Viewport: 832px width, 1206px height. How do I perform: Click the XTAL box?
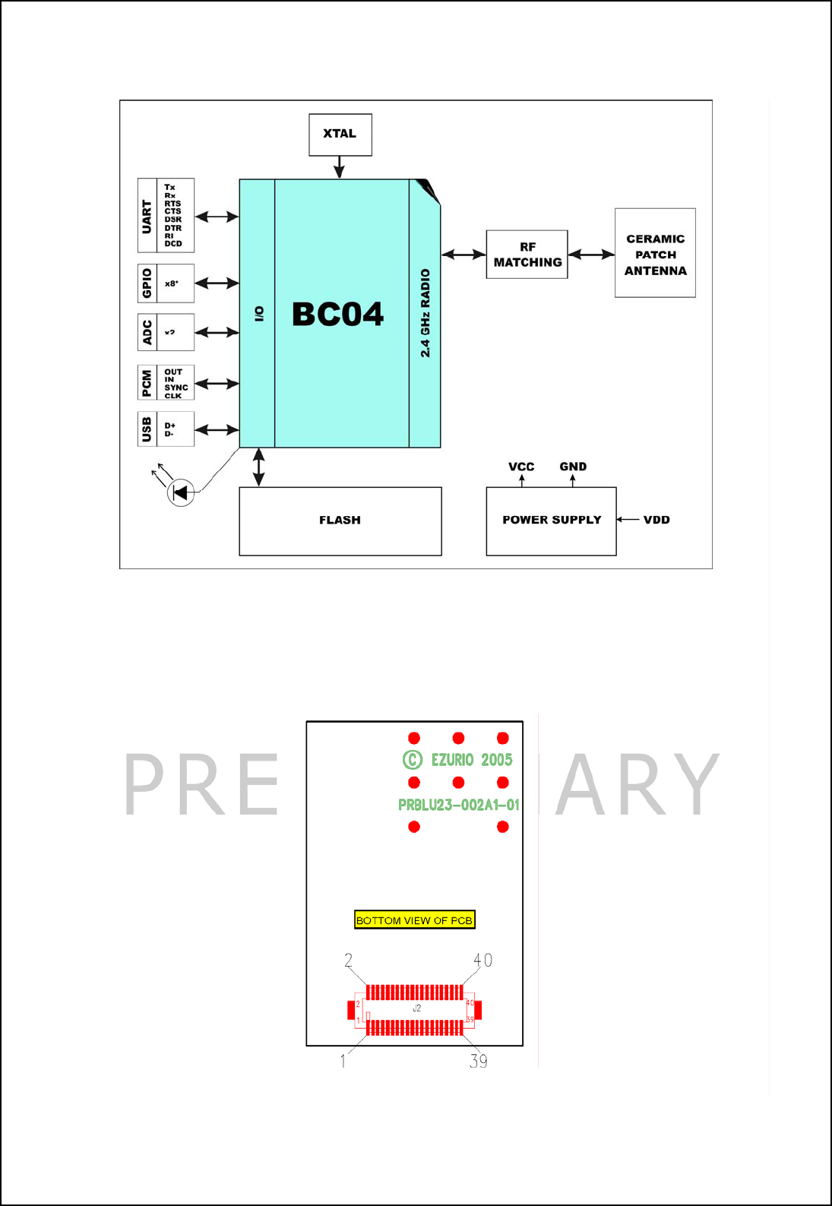340,135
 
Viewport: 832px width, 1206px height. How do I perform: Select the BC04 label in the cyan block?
338,314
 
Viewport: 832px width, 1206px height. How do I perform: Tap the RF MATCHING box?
527,255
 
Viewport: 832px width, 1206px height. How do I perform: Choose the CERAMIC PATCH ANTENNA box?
655,254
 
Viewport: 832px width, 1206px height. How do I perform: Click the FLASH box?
340,521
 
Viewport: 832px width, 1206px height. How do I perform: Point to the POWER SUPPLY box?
551,521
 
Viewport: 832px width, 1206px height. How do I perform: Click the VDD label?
656,520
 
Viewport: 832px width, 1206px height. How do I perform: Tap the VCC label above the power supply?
521,467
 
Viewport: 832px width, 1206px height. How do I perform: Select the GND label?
573,467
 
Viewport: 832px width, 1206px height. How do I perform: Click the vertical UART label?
147,216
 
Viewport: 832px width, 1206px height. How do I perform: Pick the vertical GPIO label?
147,283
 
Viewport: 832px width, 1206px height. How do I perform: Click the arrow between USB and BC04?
217,430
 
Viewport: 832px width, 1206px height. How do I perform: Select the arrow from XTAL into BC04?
339,167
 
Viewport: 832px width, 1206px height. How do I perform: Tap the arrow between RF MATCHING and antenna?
591,255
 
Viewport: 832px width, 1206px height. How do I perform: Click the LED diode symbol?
181,492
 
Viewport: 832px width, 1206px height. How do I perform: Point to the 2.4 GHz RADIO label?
425,313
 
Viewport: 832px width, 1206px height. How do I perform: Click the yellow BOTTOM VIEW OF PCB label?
415,920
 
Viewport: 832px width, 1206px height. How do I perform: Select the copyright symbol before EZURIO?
413,760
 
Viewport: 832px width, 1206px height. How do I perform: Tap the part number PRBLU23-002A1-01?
459,805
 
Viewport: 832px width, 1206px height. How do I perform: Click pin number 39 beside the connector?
479,1062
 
